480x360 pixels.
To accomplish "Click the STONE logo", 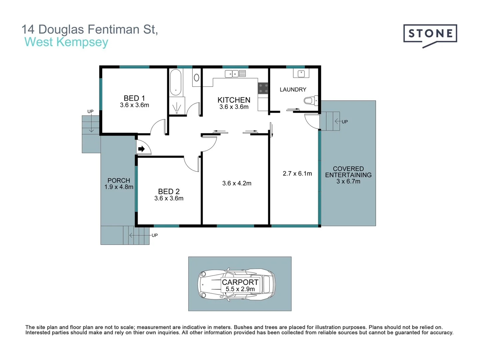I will (430, 34).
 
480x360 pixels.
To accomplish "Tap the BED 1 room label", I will (134, 98).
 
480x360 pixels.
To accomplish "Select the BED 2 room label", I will (169, 192).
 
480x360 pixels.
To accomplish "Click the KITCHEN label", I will (234, 100).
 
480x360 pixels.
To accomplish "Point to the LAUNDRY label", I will (293, 90).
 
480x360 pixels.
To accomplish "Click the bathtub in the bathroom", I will (176, 82).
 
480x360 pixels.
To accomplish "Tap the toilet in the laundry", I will (310, 100).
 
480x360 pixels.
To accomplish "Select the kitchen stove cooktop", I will (263, 88).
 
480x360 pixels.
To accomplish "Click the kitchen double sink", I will (235, 74).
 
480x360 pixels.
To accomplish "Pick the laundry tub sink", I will (301, 73).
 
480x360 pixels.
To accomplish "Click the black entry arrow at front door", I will (141, 149).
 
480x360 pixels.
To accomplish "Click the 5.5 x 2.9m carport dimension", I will (240, 289).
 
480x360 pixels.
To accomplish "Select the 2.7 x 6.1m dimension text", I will (297, 174).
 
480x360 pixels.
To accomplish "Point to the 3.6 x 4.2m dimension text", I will (237, 183).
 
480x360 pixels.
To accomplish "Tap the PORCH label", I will (119, 180).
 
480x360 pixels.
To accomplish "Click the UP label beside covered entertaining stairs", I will (345, 122).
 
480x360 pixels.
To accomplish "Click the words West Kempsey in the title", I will (66, 42).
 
